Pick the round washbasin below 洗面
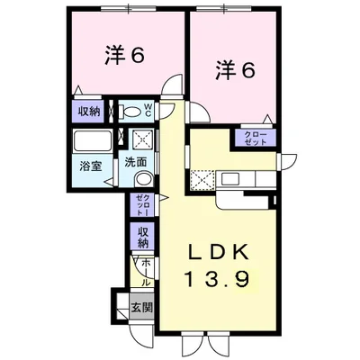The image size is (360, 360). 140,177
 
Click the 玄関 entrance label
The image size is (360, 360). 142,308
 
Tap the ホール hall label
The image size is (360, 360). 144,271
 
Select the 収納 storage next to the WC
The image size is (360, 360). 87,112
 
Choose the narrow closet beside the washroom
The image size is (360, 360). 142,204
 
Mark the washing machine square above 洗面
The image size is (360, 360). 141,139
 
